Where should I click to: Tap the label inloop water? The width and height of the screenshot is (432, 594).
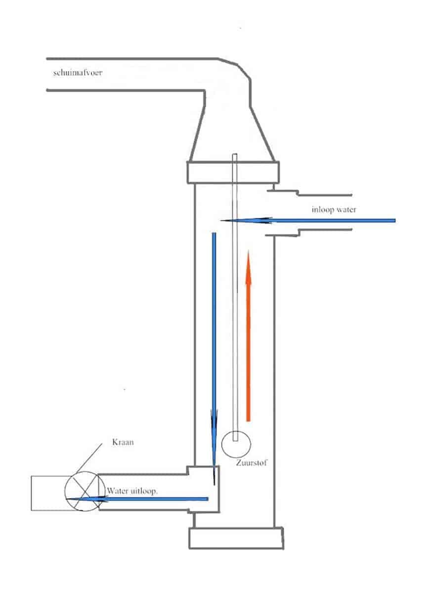334,209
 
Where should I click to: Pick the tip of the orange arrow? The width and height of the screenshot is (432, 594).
249,252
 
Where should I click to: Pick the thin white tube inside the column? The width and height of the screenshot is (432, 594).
236,297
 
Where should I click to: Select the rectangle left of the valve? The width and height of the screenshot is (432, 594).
47,493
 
